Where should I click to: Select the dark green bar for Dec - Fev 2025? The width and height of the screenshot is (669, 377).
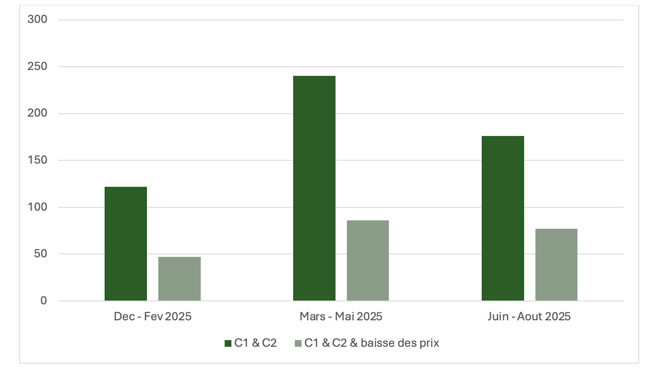click(x=126, y=244)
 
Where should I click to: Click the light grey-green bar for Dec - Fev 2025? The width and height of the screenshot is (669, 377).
click(x=179, y=279)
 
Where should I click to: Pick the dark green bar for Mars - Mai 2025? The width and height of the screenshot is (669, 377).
click(x=314, y=188)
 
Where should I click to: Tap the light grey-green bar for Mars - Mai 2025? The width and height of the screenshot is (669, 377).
click(x=368, y=260)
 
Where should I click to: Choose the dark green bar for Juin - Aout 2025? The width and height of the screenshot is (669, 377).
click(x=503, y=218)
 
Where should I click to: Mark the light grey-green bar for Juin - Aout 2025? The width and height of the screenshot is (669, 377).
click(x=556, y=264)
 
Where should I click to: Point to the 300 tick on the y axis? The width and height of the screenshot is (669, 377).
click(x=37, y=19)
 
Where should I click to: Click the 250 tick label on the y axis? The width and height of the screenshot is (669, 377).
click(x=37, y=66)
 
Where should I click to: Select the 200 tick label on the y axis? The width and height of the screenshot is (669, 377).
click(x=37, y=113)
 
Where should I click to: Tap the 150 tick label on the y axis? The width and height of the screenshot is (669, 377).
click(x=37, y=160)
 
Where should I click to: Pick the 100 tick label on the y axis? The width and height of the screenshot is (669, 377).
click(x=37, y=207)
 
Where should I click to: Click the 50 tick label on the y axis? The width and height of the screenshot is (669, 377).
click(x=40, y=254)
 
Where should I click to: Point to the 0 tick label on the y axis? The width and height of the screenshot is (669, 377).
click(x=44, y=300)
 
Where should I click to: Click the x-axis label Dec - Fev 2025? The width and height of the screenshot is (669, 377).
click(x=153, y=316)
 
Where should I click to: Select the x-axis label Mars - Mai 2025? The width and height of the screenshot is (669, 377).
click(x=341, y=316)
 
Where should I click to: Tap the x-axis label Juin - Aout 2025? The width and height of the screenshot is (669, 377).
click(x=529, y=316)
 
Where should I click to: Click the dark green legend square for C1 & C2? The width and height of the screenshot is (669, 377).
click(x=228, y=344)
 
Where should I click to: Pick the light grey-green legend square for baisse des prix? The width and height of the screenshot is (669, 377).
click(x=298, y=344)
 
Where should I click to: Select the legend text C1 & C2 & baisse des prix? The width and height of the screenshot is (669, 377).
click(x=371, y=343)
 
